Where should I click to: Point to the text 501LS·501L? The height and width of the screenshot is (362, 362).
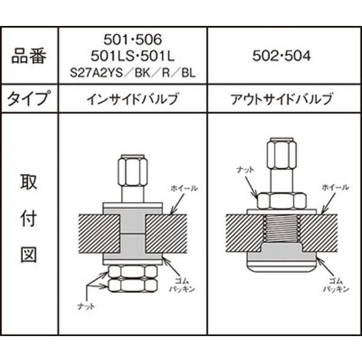click(x=133, y=57)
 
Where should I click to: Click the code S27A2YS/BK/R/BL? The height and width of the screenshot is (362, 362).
click(x=133, y=75)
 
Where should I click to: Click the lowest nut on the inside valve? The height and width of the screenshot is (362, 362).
click(x=133, y=284)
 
